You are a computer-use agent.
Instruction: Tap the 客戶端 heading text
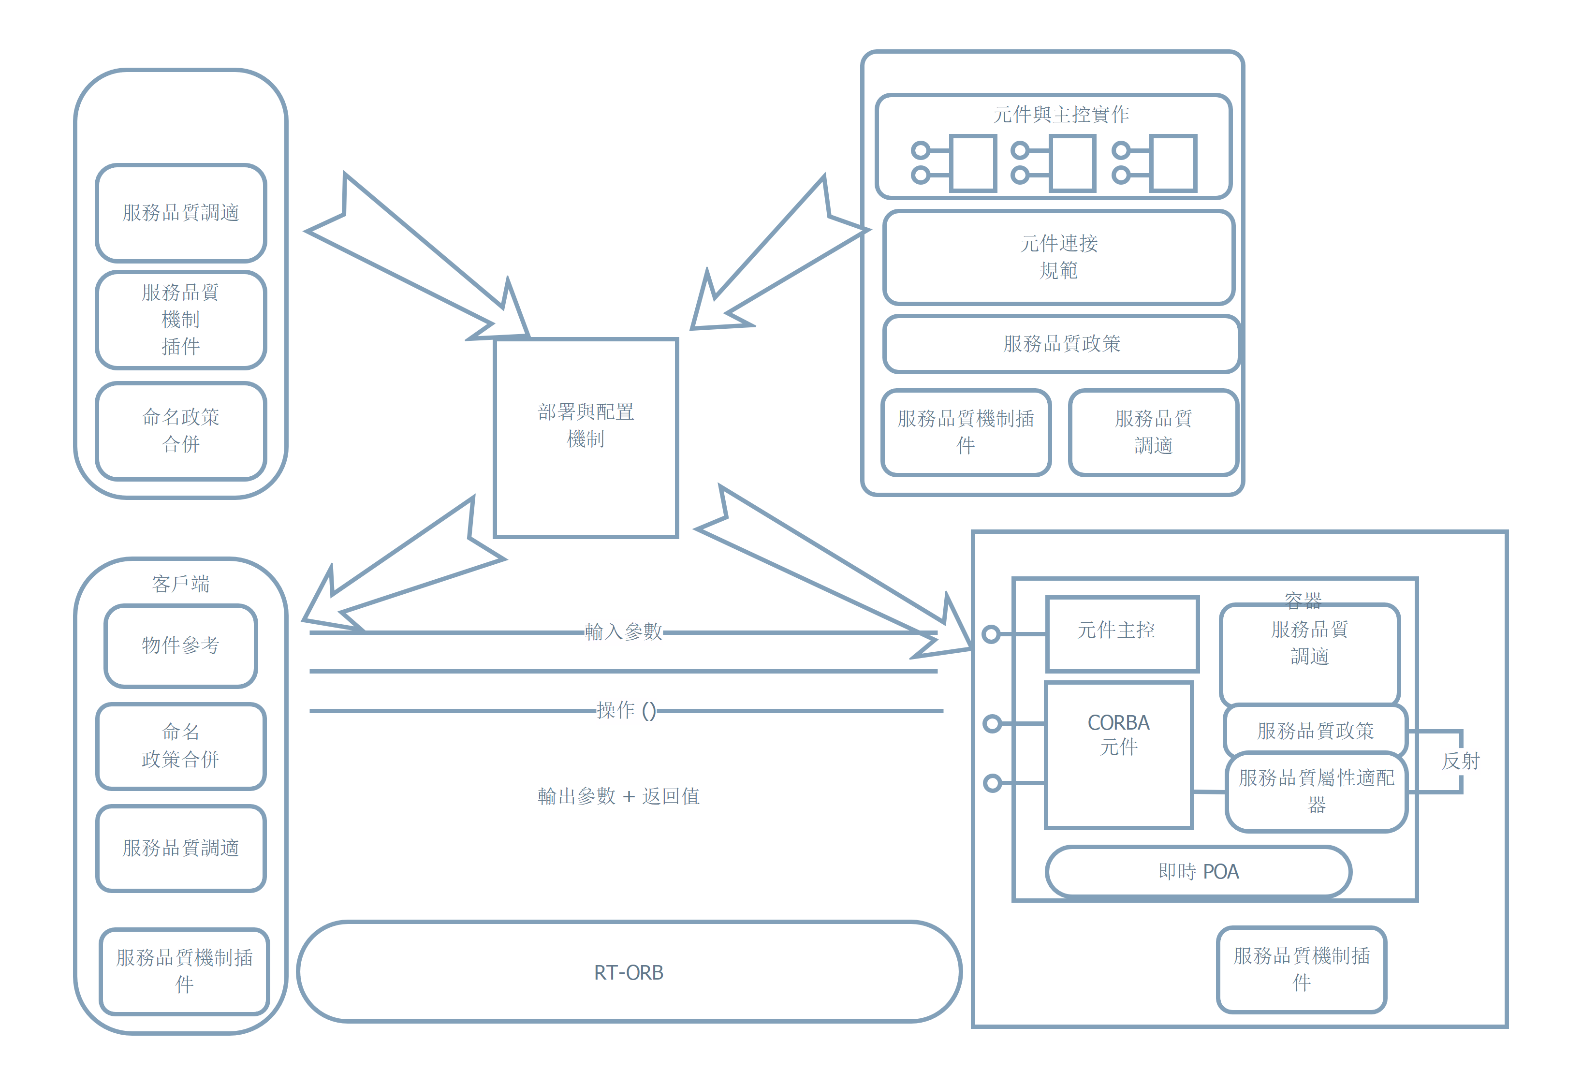point(180,583)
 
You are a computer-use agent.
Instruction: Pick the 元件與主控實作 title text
point(1061,115)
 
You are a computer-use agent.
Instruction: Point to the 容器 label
point(1303,599)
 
